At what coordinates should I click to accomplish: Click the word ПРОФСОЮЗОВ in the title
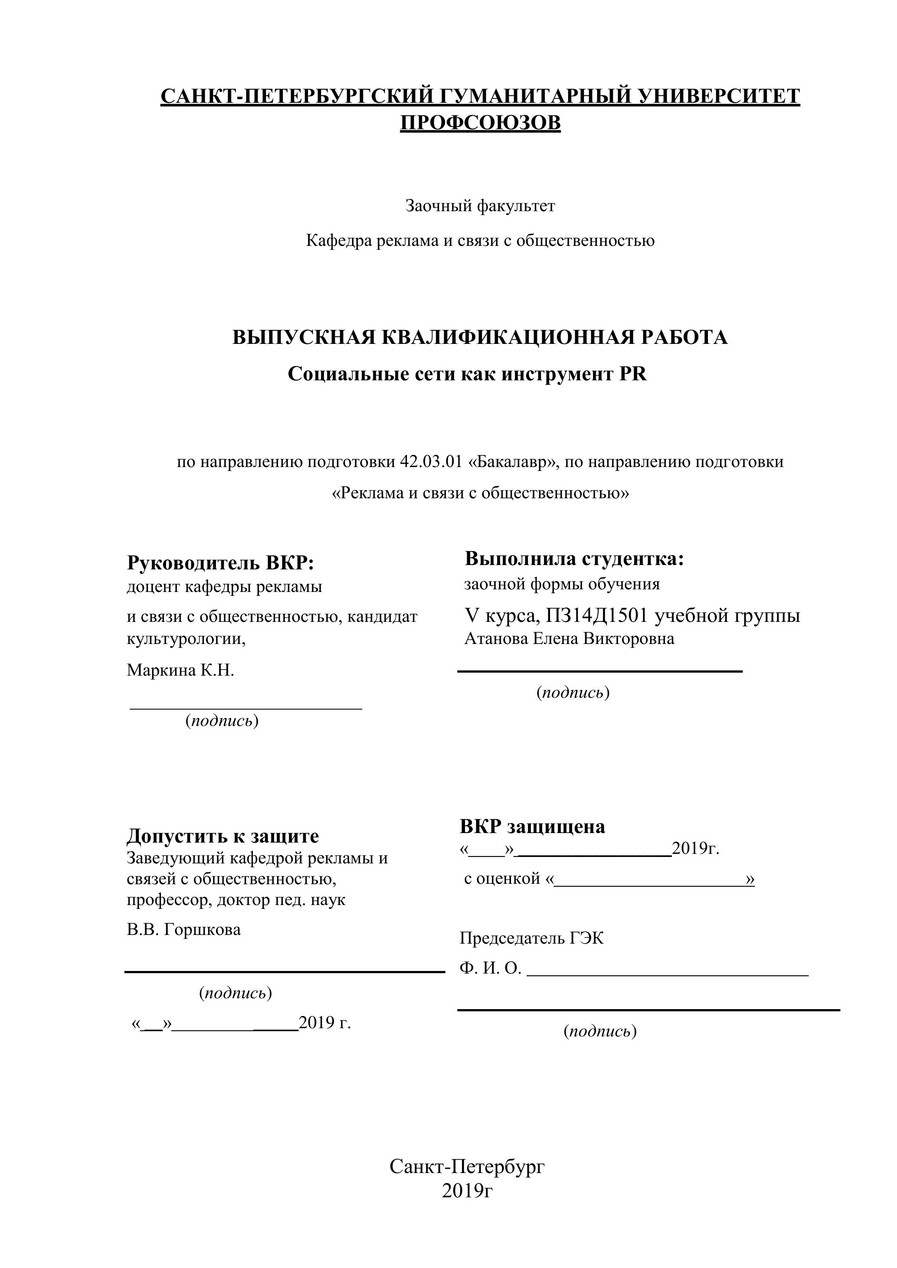(480, 123)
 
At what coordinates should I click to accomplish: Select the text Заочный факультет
(480, 206)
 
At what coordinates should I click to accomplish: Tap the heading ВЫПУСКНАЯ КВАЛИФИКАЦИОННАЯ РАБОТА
(480, 337)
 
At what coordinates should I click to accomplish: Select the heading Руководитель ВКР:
(220, 563)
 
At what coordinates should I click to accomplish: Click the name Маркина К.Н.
(180, 670)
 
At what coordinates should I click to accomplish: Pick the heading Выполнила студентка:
(574, 559)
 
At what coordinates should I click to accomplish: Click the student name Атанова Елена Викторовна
(569, 639)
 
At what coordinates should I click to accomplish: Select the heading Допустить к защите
(223, 836)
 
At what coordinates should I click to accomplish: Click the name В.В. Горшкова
(184, 929)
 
